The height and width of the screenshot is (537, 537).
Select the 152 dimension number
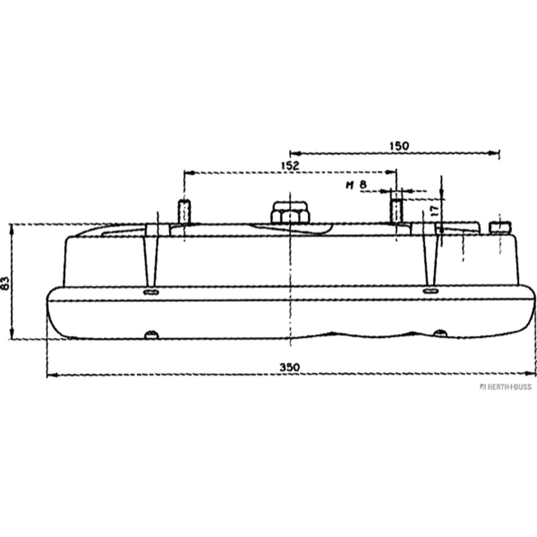click(289, 166)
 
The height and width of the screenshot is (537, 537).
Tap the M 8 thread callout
click(355, 186)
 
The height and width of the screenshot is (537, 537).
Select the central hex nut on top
click(290, 213)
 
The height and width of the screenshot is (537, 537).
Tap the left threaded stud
click(184, 212)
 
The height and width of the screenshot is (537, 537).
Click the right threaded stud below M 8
click(396, 212)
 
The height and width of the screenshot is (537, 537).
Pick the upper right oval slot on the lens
click(430, 291)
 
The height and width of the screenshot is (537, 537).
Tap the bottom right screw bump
click(440, 333)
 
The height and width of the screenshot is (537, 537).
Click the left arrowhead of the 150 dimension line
click(293, 153)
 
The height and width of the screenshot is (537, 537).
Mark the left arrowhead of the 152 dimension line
click(187, 172)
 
